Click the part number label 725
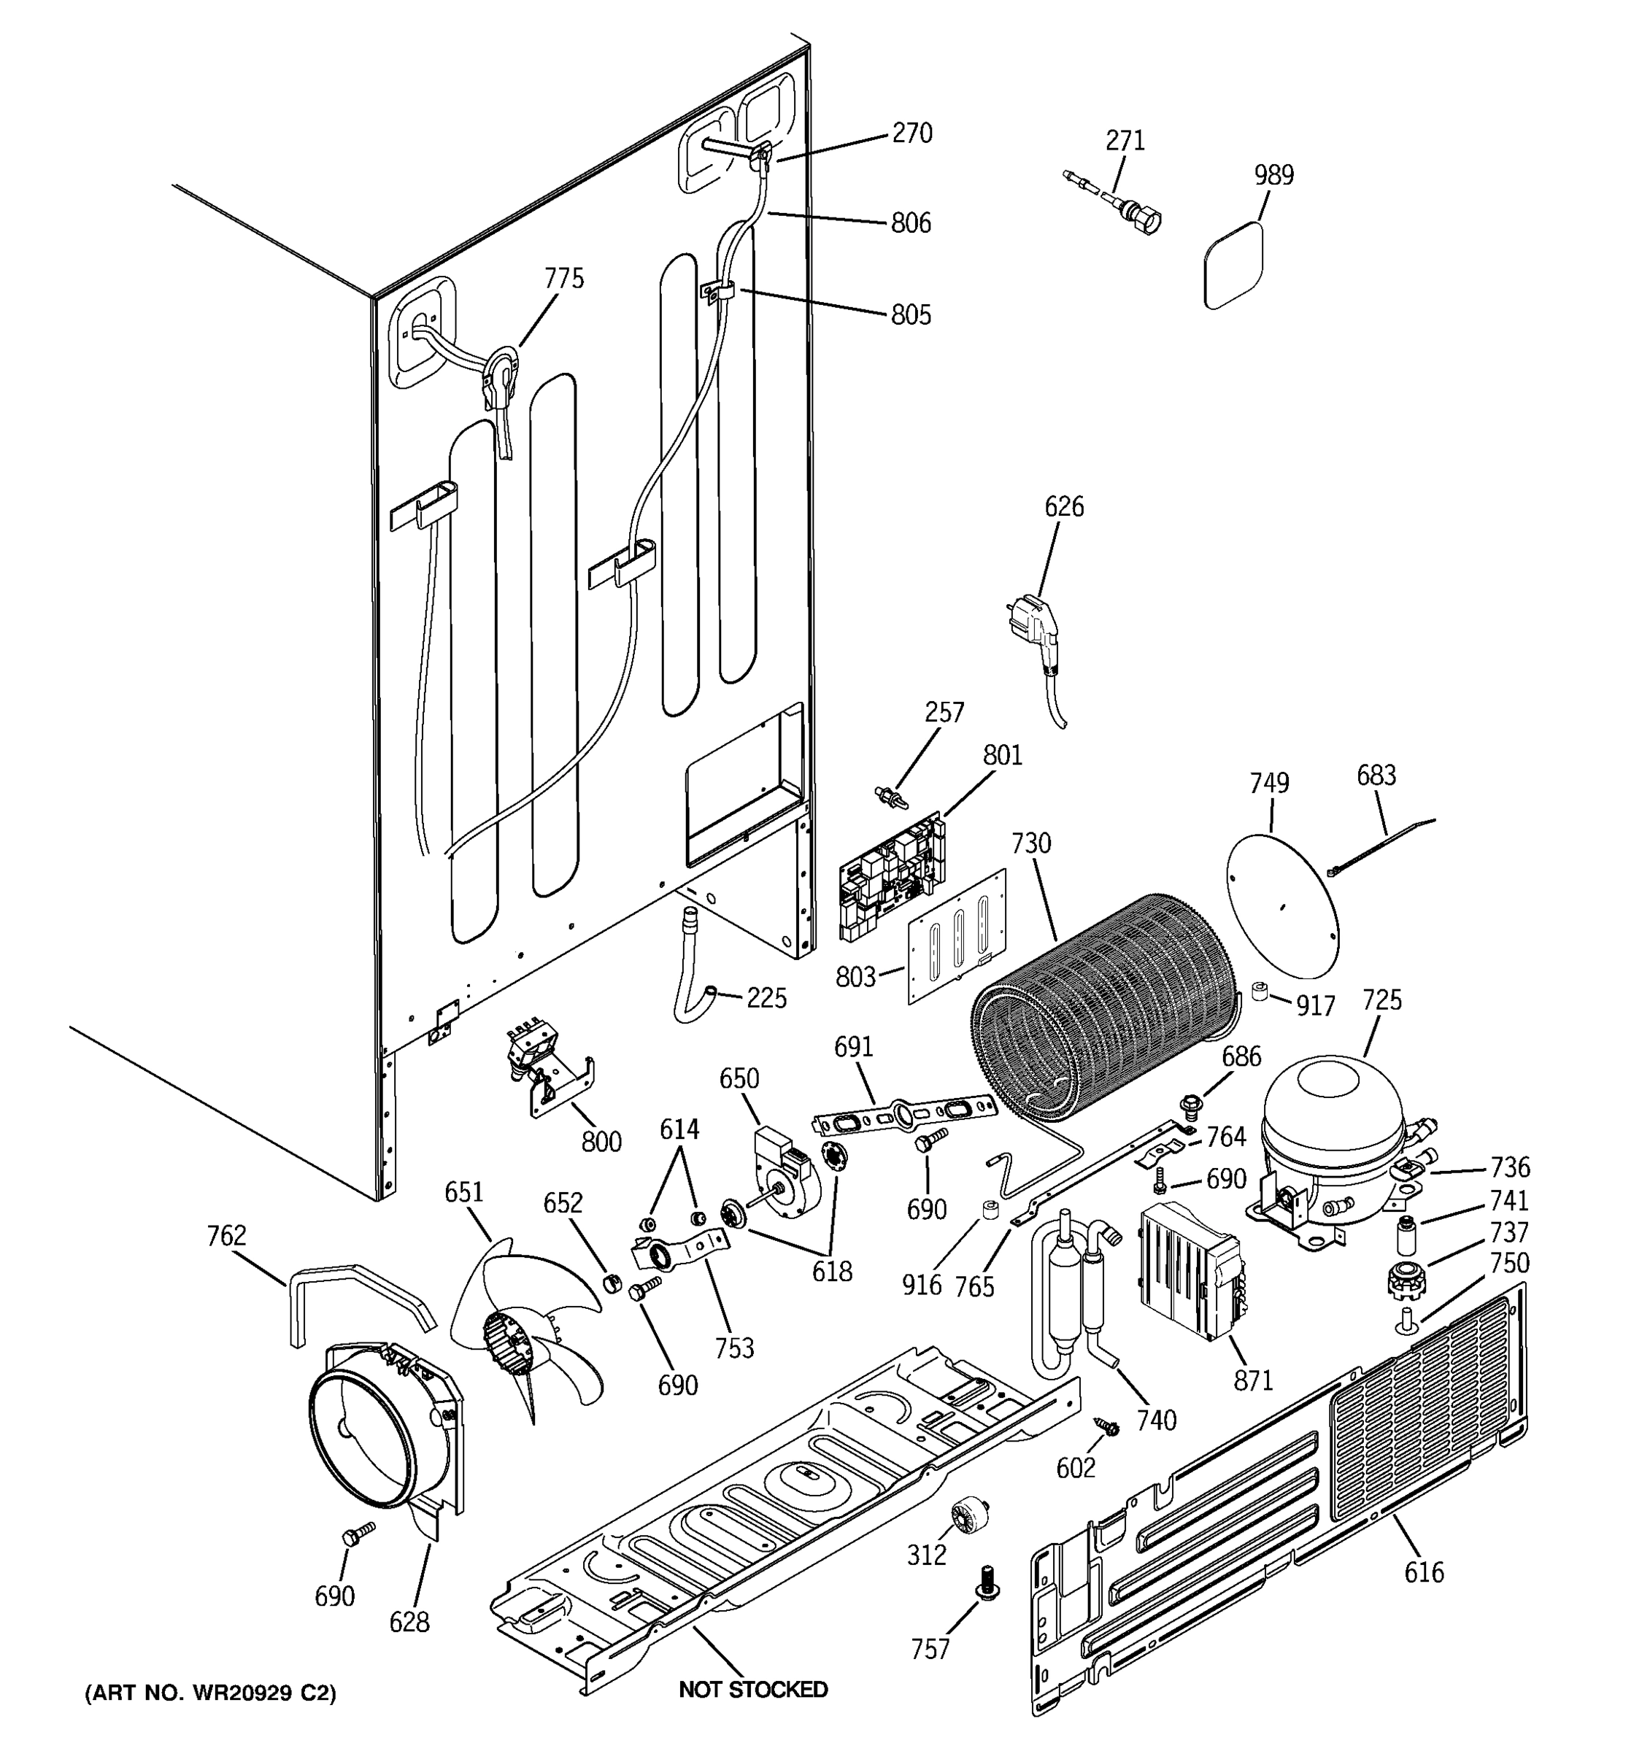tap(1381, 1000)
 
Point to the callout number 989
tap(1273, 175)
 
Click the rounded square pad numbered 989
tap(1234, 265)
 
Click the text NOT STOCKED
tap(753, 1689)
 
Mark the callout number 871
tap(1252, 1380)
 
